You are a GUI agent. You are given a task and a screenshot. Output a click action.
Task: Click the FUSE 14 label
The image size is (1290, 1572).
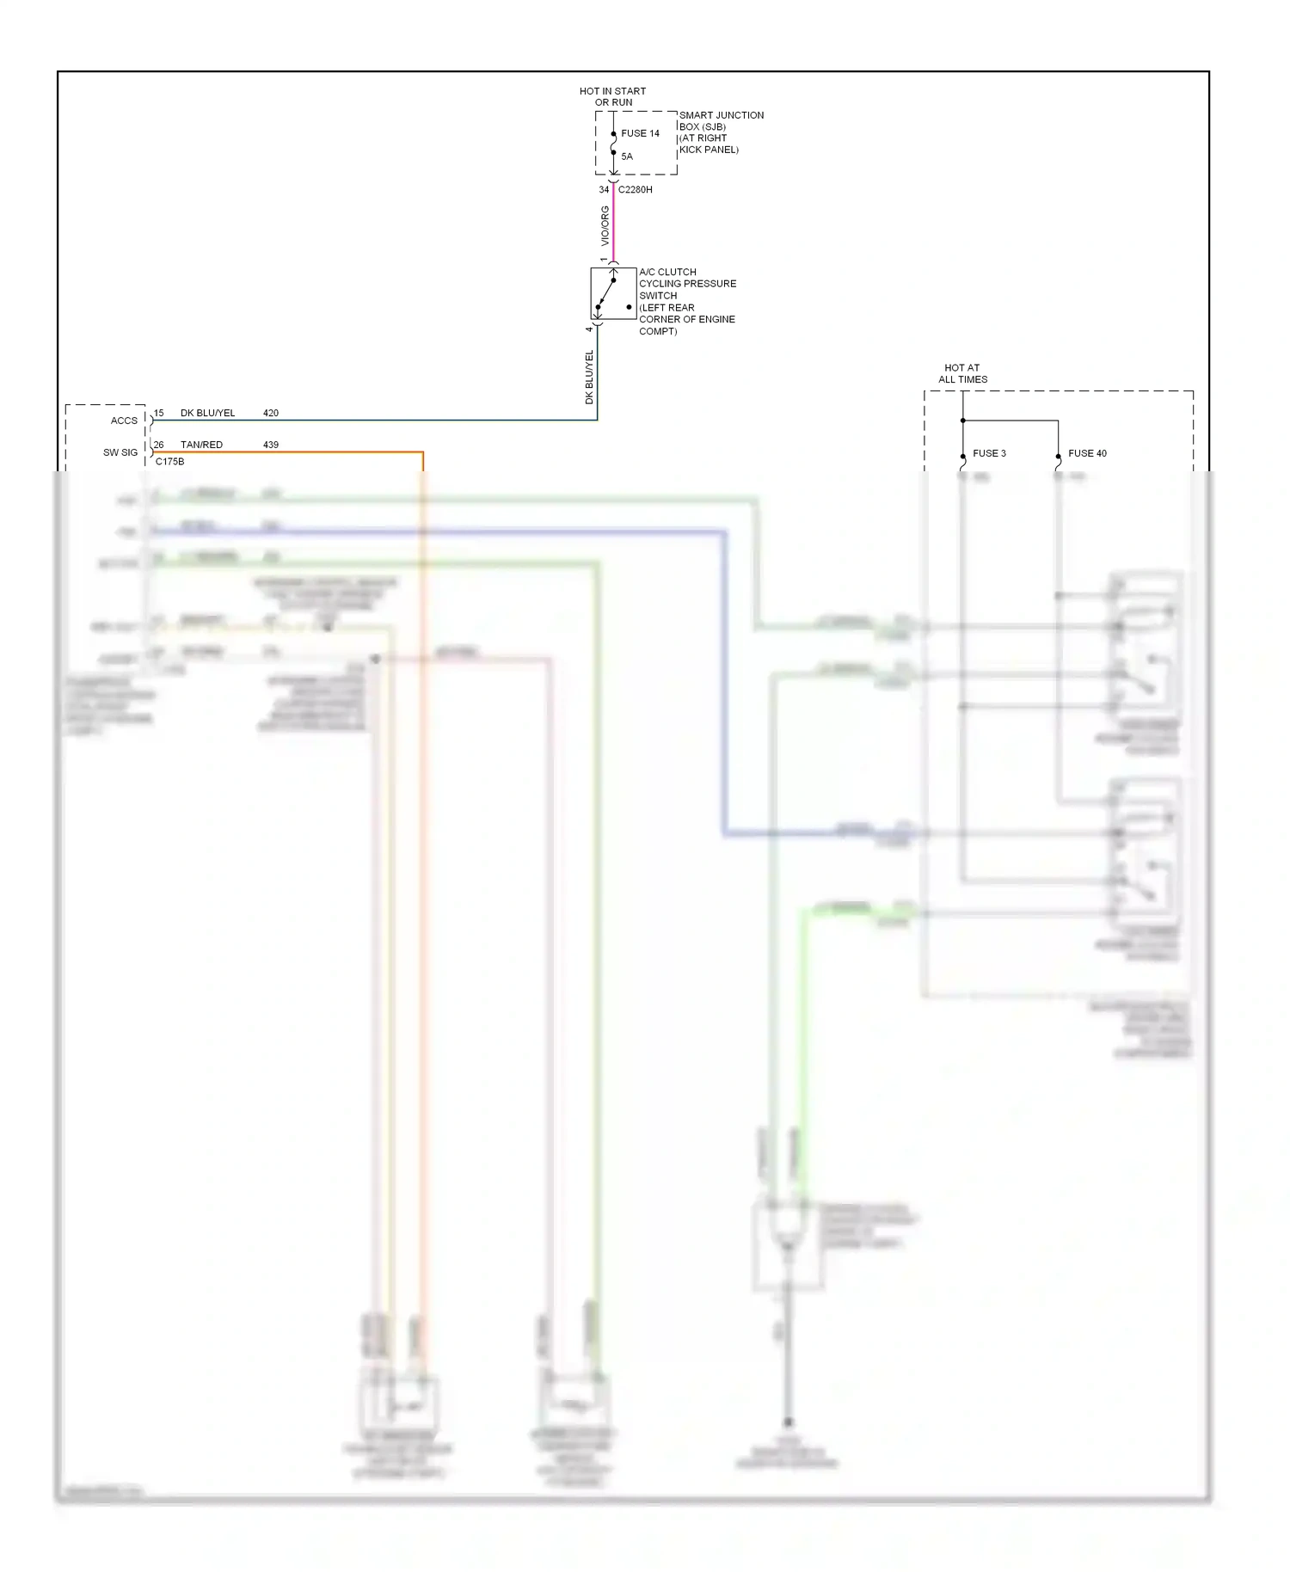pos(640,133)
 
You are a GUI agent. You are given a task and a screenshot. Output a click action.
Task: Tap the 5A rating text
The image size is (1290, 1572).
pos(627,157)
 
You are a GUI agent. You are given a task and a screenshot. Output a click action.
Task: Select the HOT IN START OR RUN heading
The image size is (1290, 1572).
pos(612,96)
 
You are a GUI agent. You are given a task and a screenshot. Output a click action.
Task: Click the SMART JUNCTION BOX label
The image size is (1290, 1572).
pos(721,132)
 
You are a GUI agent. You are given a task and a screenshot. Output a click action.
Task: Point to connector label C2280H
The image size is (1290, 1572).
pos(636,189)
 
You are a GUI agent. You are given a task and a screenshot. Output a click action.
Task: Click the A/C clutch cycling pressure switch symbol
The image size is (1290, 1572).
pos(613,293)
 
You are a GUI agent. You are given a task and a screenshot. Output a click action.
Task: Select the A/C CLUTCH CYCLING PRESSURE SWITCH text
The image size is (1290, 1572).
pos(686,301)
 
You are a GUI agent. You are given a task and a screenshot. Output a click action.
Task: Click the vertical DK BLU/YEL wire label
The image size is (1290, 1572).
pos(589,377)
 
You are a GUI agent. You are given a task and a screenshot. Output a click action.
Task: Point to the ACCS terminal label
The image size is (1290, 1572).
pos(124,421)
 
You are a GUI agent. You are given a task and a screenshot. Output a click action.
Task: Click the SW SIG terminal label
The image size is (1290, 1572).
pos(120,452)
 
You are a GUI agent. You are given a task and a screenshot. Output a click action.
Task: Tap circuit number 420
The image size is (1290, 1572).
pos(271,413)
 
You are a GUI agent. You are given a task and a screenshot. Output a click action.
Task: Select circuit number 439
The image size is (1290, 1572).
pos(271,445)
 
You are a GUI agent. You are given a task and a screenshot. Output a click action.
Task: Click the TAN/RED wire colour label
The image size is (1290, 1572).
pos(201,445)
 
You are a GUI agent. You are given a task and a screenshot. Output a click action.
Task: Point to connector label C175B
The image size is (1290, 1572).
pos(169,462)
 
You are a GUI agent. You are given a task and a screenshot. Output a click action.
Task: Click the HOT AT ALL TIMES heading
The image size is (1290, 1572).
pos(962,373)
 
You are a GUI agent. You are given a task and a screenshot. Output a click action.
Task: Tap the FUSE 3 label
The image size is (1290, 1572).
pos(989,453)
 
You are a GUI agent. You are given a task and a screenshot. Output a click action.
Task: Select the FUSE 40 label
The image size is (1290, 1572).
pos(1087,453)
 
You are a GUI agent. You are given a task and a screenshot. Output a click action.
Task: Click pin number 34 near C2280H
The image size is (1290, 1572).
pos(604,189)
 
